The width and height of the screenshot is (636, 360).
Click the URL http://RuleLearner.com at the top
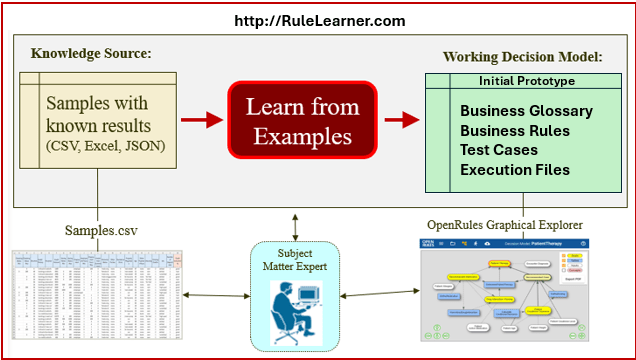(x=319, y=19)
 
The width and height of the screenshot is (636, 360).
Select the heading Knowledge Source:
(x=91, y=53)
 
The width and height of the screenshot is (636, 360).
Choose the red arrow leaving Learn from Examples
(x=401, y=121)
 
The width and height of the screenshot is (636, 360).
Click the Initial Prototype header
(x=526, y=80)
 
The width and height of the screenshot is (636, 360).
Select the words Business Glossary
(x=526, y=111)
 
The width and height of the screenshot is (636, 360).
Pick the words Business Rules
(x=515, y=130)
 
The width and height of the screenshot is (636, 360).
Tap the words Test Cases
(x=499, y=150)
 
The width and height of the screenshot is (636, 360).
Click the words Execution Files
(x=515, y=170)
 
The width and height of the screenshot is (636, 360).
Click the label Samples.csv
(x=101, y=230)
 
